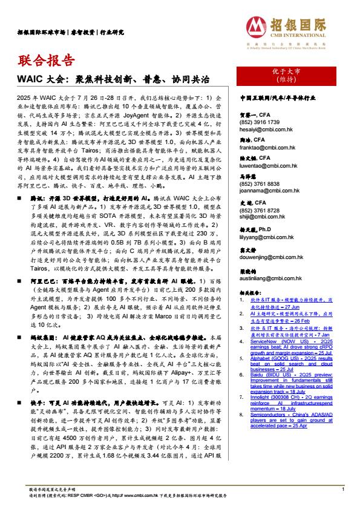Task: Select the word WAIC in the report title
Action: click(28, 79)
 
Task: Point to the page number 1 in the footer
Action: click(343, 488)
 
